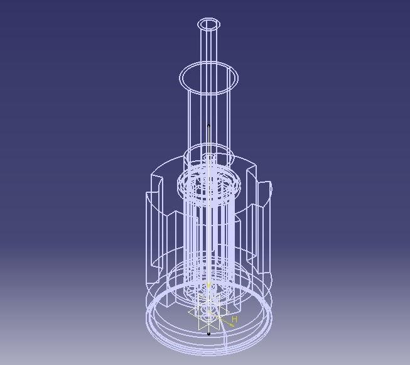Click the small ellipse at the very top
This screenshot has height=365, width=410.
click(x=209, y=25)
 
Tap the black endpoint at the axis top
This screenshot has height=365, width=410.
click(x=208, y=126)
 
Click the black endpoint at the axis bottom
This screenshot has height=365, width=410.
click(x=208, y=334)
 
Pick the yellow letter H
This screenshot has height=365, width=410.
click(x=234, y=319)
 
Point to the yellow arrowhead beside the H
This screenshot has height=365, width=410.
click(x=230, y=324)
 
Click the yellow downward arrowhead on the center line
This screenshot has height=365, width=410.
click(x=208, y=286)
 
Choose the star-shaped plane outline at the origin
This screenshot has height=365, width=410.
click(x=207, y=311)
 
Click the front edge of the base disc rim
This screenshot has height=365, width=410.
click(x=208, y=345)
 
